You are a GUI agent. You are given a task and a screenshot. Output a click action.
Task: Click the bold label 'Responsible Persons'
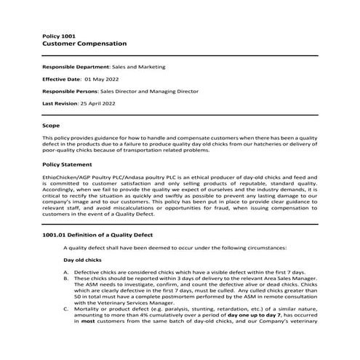pyautogui.click(x=70, y=92)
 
